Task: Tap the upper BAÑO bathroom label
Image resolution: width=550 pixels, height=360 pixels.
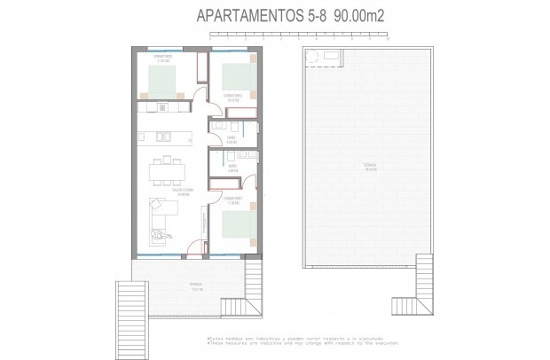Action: pos(231,138)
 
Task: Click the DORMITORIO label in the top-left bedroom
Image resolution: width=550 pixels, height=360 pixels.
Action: pos(161,58)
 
